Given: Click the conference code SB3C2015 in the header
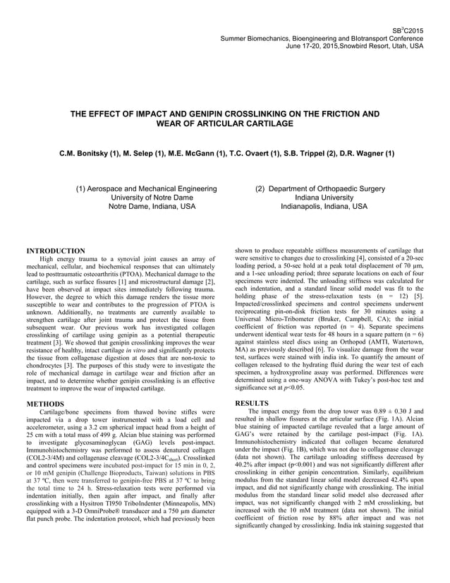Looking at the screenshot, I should (x=408, y=28).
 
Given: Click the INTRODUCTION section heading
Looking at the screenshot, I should (x=56, y=251).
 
